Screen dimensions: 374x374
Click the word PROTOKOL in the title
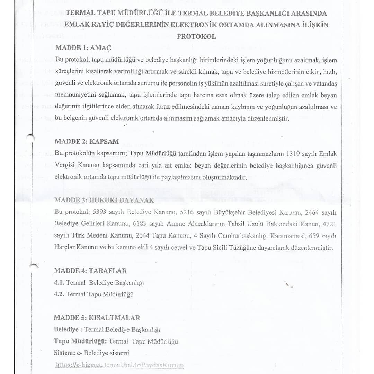click(196, 37)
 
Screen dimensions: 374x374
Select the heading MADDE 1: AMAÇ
click(83, 48)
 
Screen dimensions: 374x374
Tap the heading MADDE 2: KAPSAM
click(87, 141)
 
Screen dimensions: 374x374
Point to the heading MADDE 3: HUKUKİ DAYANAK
click(104, 200)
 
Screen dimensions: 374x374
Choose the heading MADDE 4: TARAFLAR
click(90, 270)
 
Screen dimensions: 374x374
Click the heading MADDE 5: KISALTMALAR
click(97, 318)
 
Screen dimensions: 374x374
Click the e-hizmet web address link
click(119, 365)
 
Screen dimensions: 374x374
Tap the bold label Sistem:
click(64, 353)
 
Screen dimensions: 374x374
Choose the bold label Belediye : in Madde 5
click(68, 330)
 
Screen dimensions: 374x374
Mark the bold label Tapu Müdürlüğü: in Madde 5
click(80, 341)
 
